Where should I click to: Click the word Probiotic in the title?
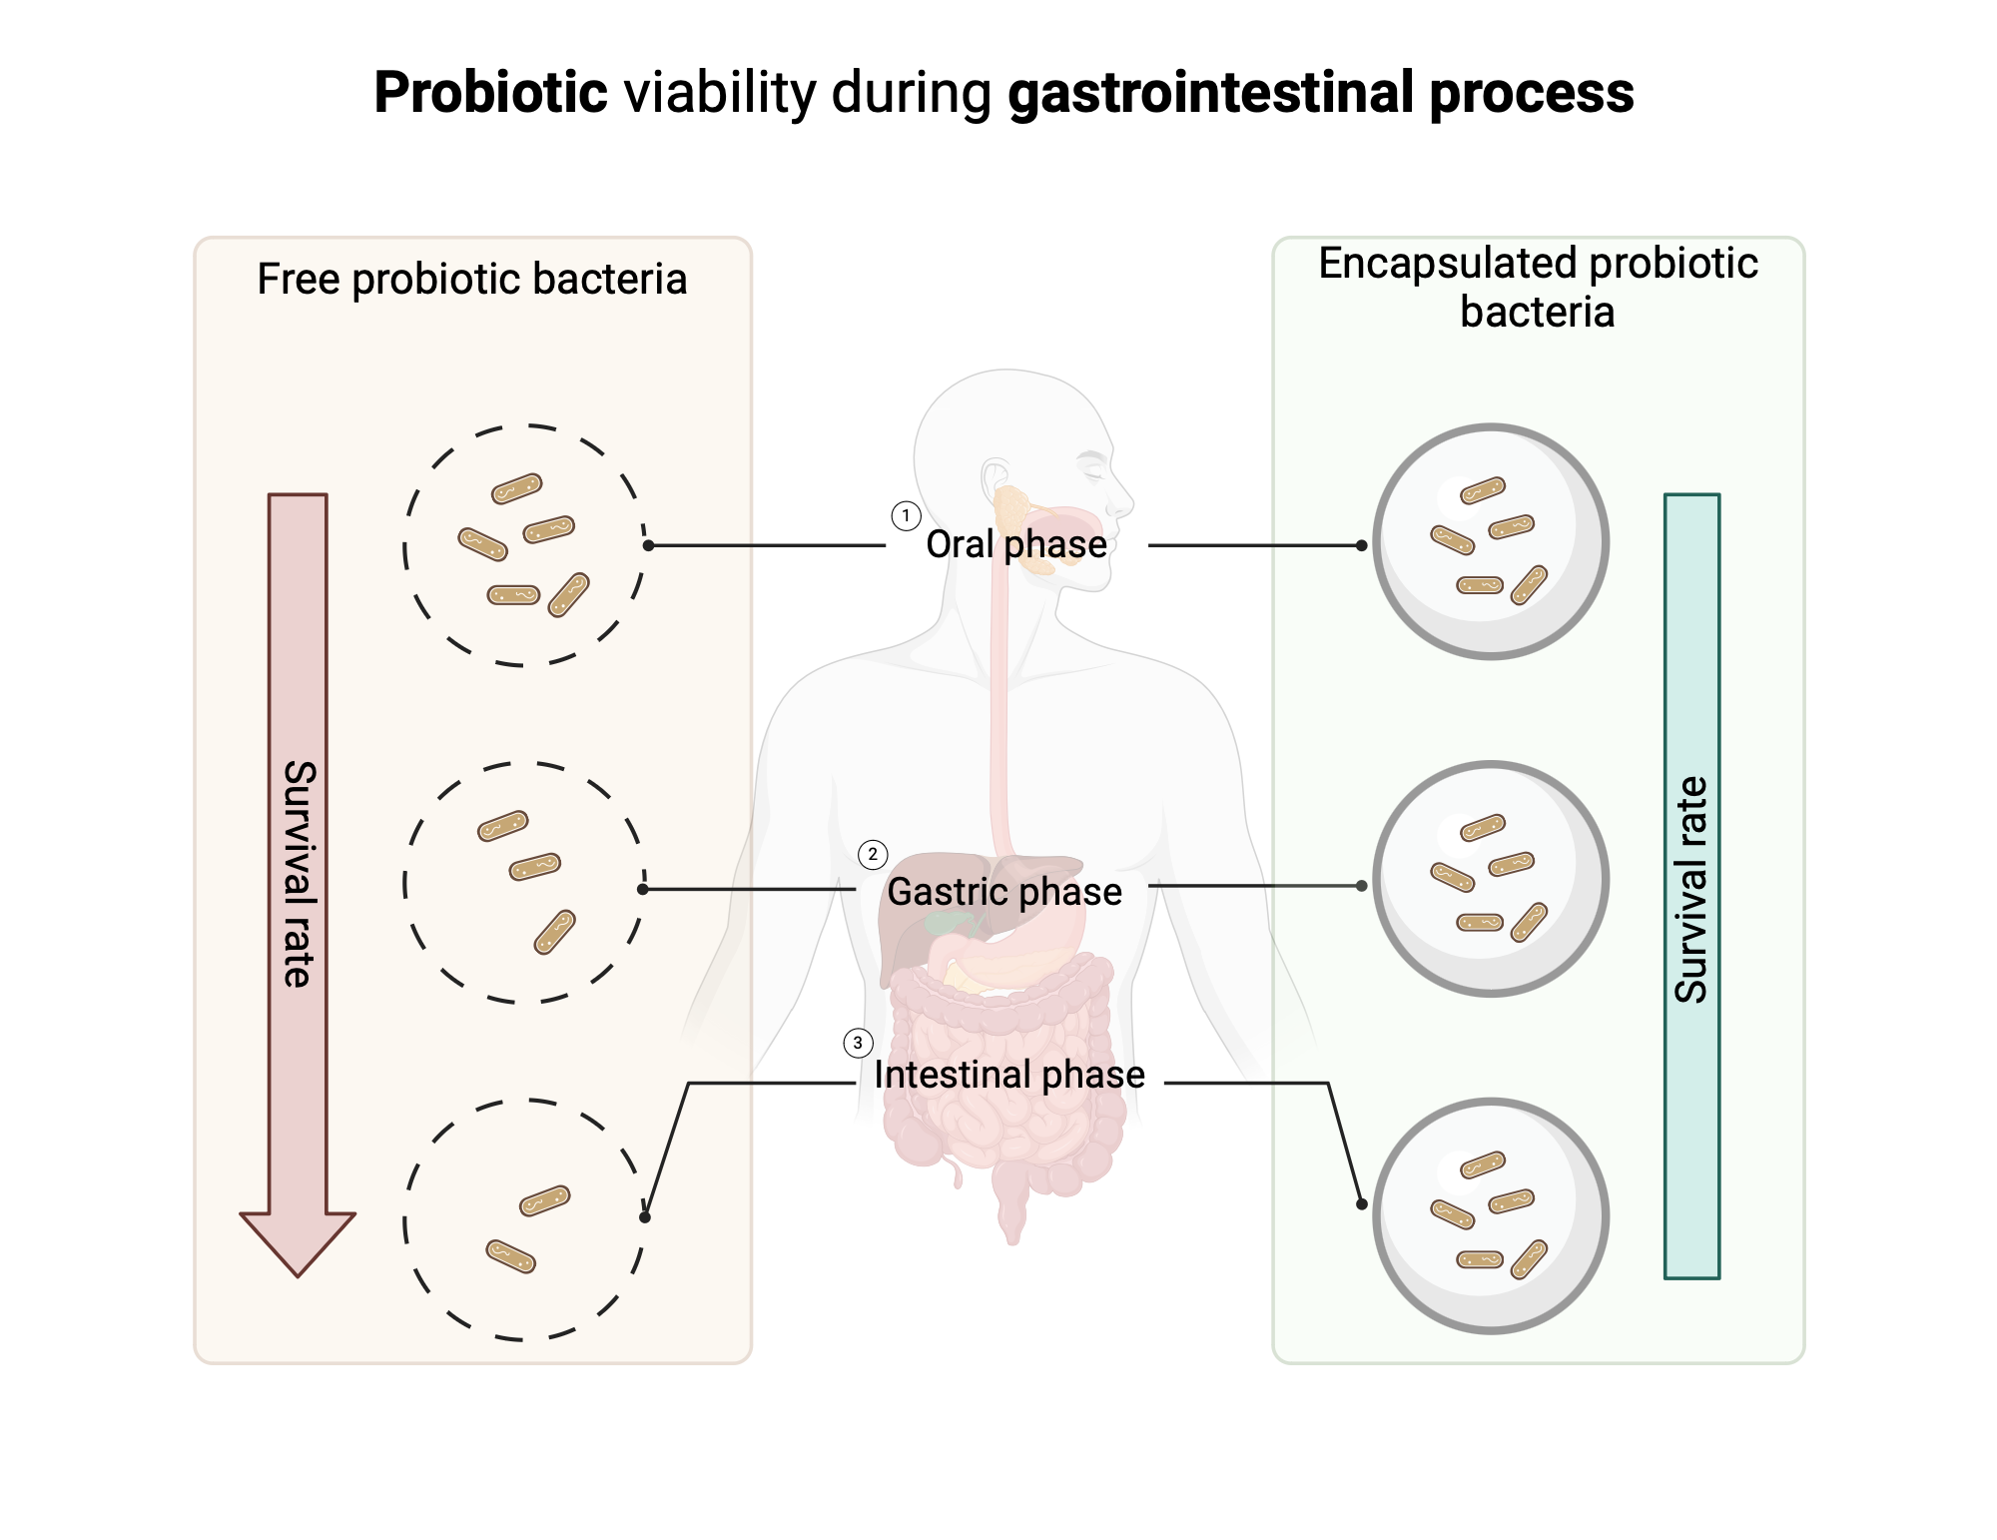[x=490, y=93]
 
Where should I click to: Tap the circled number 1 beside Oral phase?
[x=906, y=516]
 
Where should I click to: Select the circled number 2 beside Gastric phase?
[x=873, y=855]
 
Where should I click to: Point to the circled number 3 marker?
[x=858, y=1043]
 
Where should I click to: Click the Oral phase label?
[x=1015, y=544]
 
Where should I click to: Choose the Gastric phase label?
[x=1004, y=891]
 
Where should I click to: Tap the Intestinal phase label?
[x=1008, y=1075]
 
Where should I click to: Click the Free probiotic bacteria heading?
[x=471, y=279]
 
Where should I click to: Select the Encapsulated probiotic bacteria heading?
[x=1538, y=287]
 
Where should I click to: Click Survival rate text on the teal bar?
[x=1691, y=889]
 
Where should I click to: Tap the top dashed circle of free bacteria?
[x=524, y=545]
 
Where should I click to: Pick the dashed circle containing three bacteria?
[x=524, y=883]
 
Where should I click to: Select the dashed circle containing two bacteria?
[x=524, y=1219]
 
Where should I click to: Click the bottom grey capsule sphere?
[x=1491, y=1215]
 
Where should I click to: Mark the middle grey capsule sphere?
[x=1491, y=879]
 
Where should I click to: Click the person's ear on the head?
[x=996, y=476]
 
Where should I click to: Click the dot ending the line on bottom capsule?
[x=1361, y=1204]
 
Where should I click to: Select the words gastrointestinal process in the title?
[x=1320, y=93]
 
